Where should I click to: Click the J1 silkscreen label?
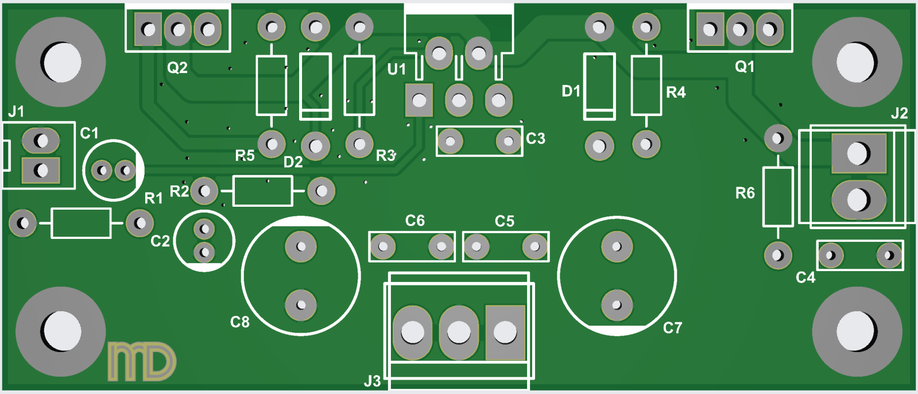pyautogui.click(x=16, y=111)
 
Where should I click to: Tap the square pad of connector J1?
pyautogui.click(x=41, y=170)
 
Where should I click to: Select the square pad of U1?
pyautogui.click(x=419, y=101)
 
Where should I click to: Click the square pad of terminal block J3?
pyautogui.click(x=505, y=332)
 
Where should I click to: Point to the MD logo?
pyautogui.click(x=142, y=361)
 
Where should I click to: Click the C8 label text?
pyautogui.click(x=240, y=322)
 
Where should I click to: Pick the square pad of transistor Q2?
pyautogui.click(x=148, y=29)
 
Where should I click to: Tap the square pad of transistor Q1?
pyautogui.click(x=710, y=29)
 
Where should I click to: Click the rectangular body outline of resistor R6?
pyautogui.click(x=778, y=196)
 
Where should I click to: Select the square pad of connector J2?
pyautogui.click(x=859, y=153)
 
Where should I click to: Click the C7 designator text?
pyautogui.click(x=672, y=328)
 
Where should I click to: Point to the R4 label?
pyautogui.click(x=676, y=92)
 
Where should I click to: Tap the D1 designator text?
pyautogui.click(x=571, y=91)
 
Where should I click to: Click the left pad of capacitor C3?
pyautogui.click(x=451, y=141)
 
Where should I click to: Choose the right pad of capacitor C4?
pyautogui.click(x=889, y=255)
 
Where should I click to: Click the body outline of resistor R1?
pyautogui.click(x=81, y=223)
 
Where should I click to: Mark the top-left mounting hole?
pyautogui.click(x=61, y=62)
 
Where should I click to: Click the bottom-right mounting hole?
pyautogui.click(x=857, y=332)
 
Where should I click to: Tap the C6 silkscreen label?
pyautogui.click(x=415, y=221)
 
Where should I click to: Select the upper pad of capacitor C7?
pyautogui.click(x=617, y=246)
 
